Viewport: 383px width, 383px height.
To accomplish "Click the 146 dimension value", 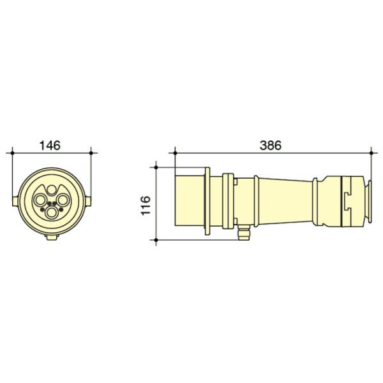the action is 50,146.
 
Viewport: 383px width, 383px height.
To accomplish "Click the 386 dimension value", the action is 271,146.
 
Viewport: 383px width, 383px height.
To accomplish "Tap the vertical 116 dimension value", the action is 146,205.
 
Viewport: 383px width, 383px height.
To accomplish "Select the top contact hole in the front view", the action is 51,190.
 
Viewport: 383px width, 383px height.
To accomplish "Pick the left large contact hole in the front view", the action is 40,200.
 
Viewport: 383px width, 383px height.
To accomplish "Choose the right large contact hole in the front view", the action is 63,200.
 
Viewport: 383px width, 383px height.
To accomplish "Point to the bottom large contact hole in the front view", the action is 51,213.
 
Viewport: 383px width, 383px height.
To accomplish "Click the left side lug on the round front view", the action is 15,201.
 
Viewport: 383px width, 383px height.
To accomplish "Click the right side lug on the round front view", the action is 88,201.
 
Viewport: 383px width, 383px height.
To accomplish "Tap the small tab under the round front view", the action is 51,237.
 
